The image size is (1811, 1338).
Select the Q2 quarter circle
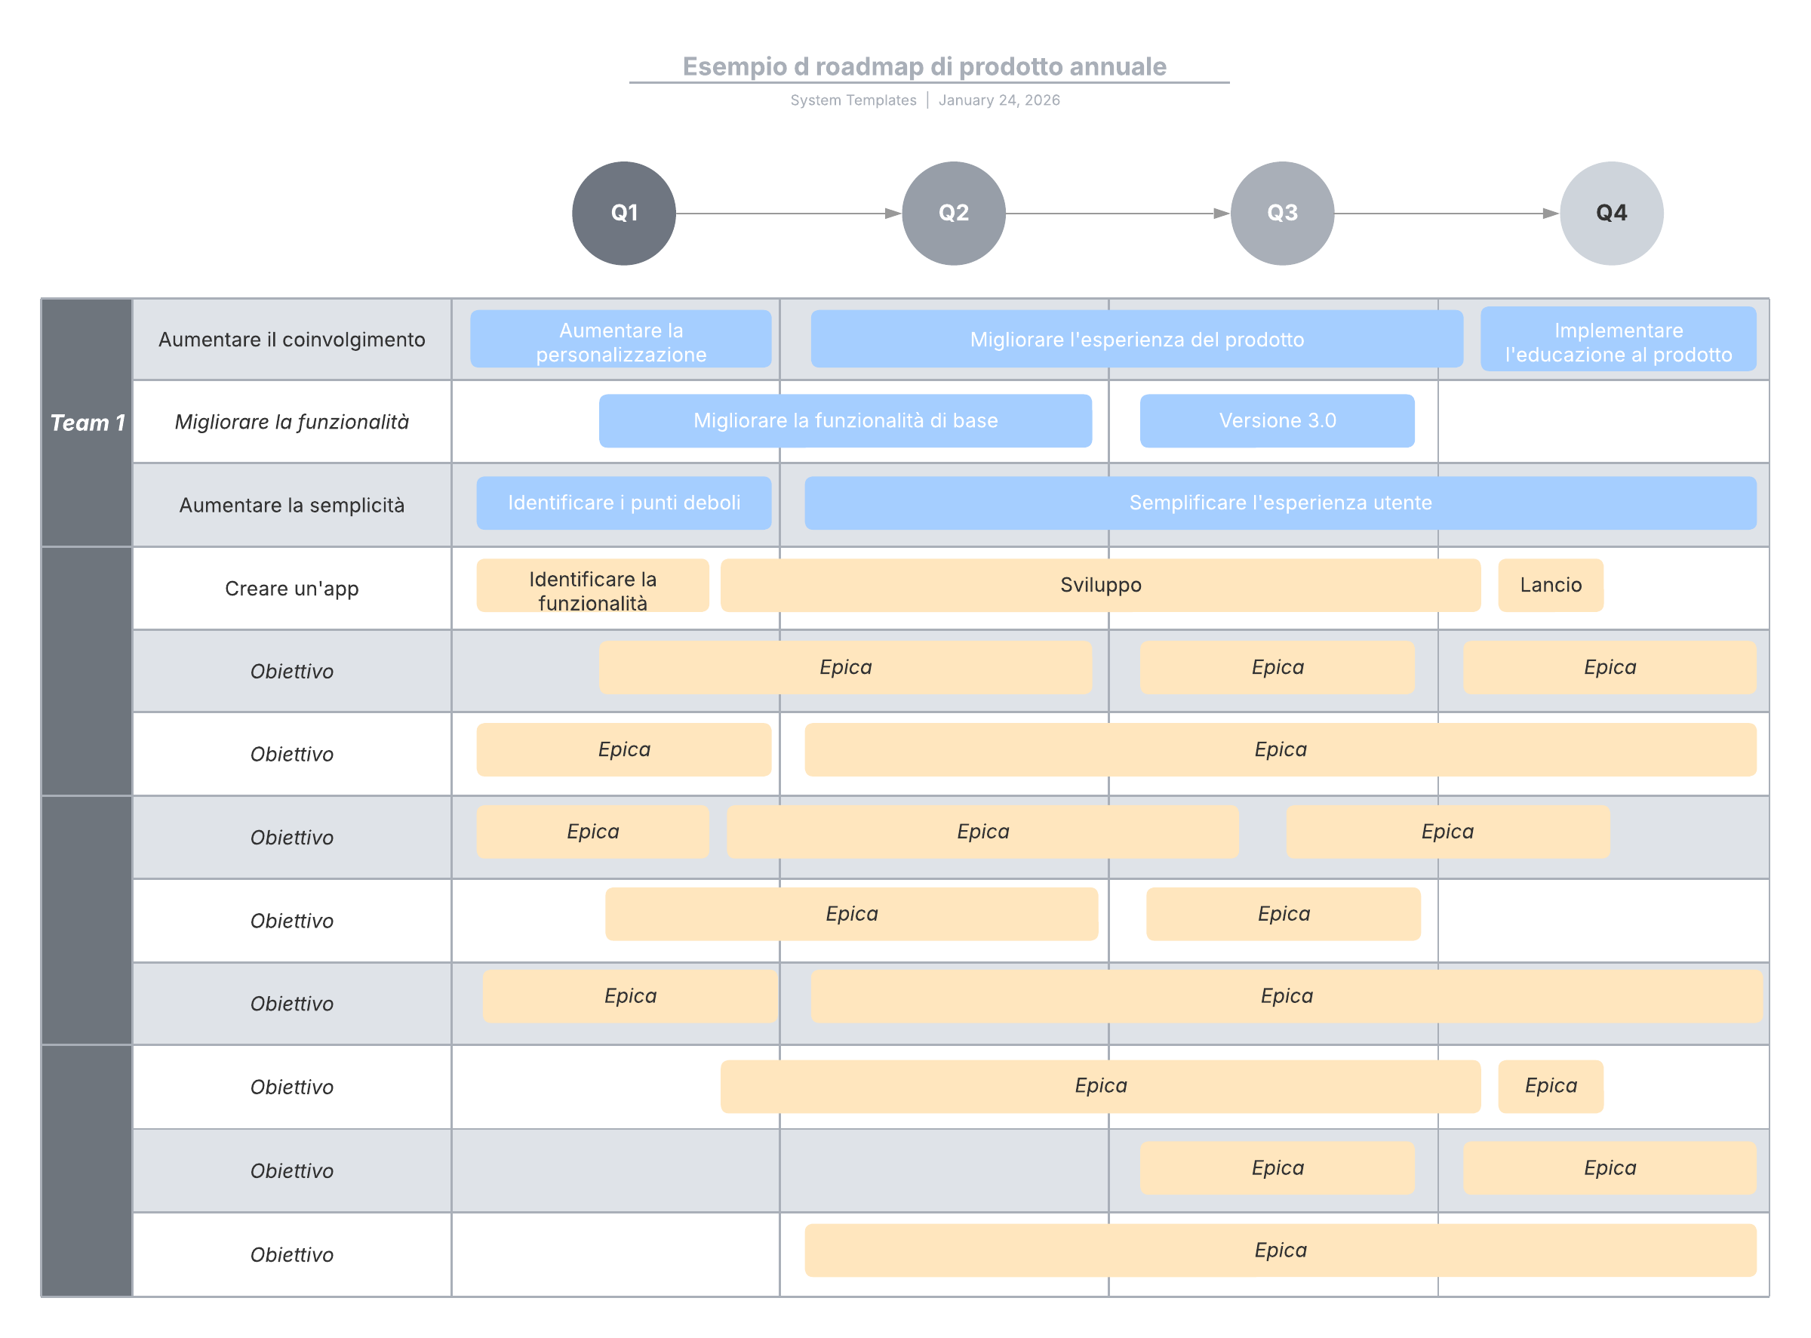(x=953, y=213)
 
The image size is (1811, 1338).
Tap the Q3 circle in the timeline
(x=1282, y=213)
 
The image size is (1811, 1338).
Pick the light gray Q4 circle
(x=1611, y=213)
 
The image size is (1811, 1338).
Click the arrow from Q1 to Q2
(x=789, y=213)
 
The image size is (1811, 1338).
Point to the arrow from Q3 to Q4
(x=1447, y=213)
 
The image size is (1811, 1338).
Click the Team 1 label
(x=88, y=423)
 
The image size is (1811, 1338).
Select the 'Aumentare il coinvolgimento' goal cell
(x=291, y=340)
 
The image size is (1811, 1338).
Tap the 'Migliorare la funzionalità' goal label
(x=291, y=422)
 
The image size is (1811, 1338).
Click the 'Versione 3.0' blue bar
(x=1278, y=420)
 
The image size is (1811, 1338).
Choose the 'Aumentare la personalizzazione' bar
(x=621, y=340)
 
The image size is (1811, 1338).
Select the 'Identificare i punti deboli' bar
(x=623, y=503)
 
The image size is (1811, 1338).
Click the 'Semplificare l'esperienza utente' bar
(x=1281, y=503)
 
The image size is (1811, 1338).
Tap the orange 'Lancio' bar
(x=1550, y=585)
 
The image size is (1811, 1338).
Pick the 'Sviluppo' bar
(x=1101, y=585)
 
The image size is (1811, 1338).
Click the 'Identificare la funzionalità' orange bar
(x=593, y=585)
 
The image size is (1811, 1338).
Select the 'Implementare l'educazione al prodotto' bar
(x=1619, y=340)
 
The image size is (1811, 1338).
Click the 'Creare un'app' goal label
(x=291, y=589)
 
